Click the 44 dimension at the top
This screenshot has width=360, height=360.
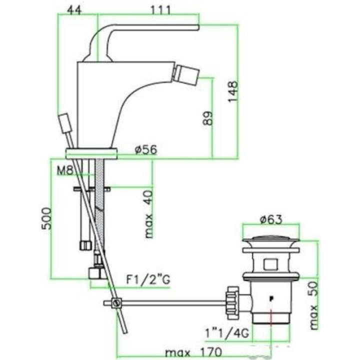[74, 10]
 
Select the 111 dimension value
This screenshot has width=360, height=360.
[161, 10]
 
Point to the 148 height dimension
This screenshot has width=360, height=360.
[232, 91]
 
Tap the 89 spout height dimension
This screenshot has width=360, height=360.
[208, 118]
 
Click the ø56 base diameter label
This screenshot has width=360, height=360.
[146, 149]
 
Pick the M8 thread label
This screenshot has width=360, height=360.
[64, 170]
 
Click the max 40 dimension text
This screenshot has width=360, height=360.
[148, 214]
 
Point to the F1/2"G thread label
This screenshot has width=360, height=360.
[148, 279]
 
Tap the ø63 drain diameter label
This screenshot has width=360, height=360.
[271, 219]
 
